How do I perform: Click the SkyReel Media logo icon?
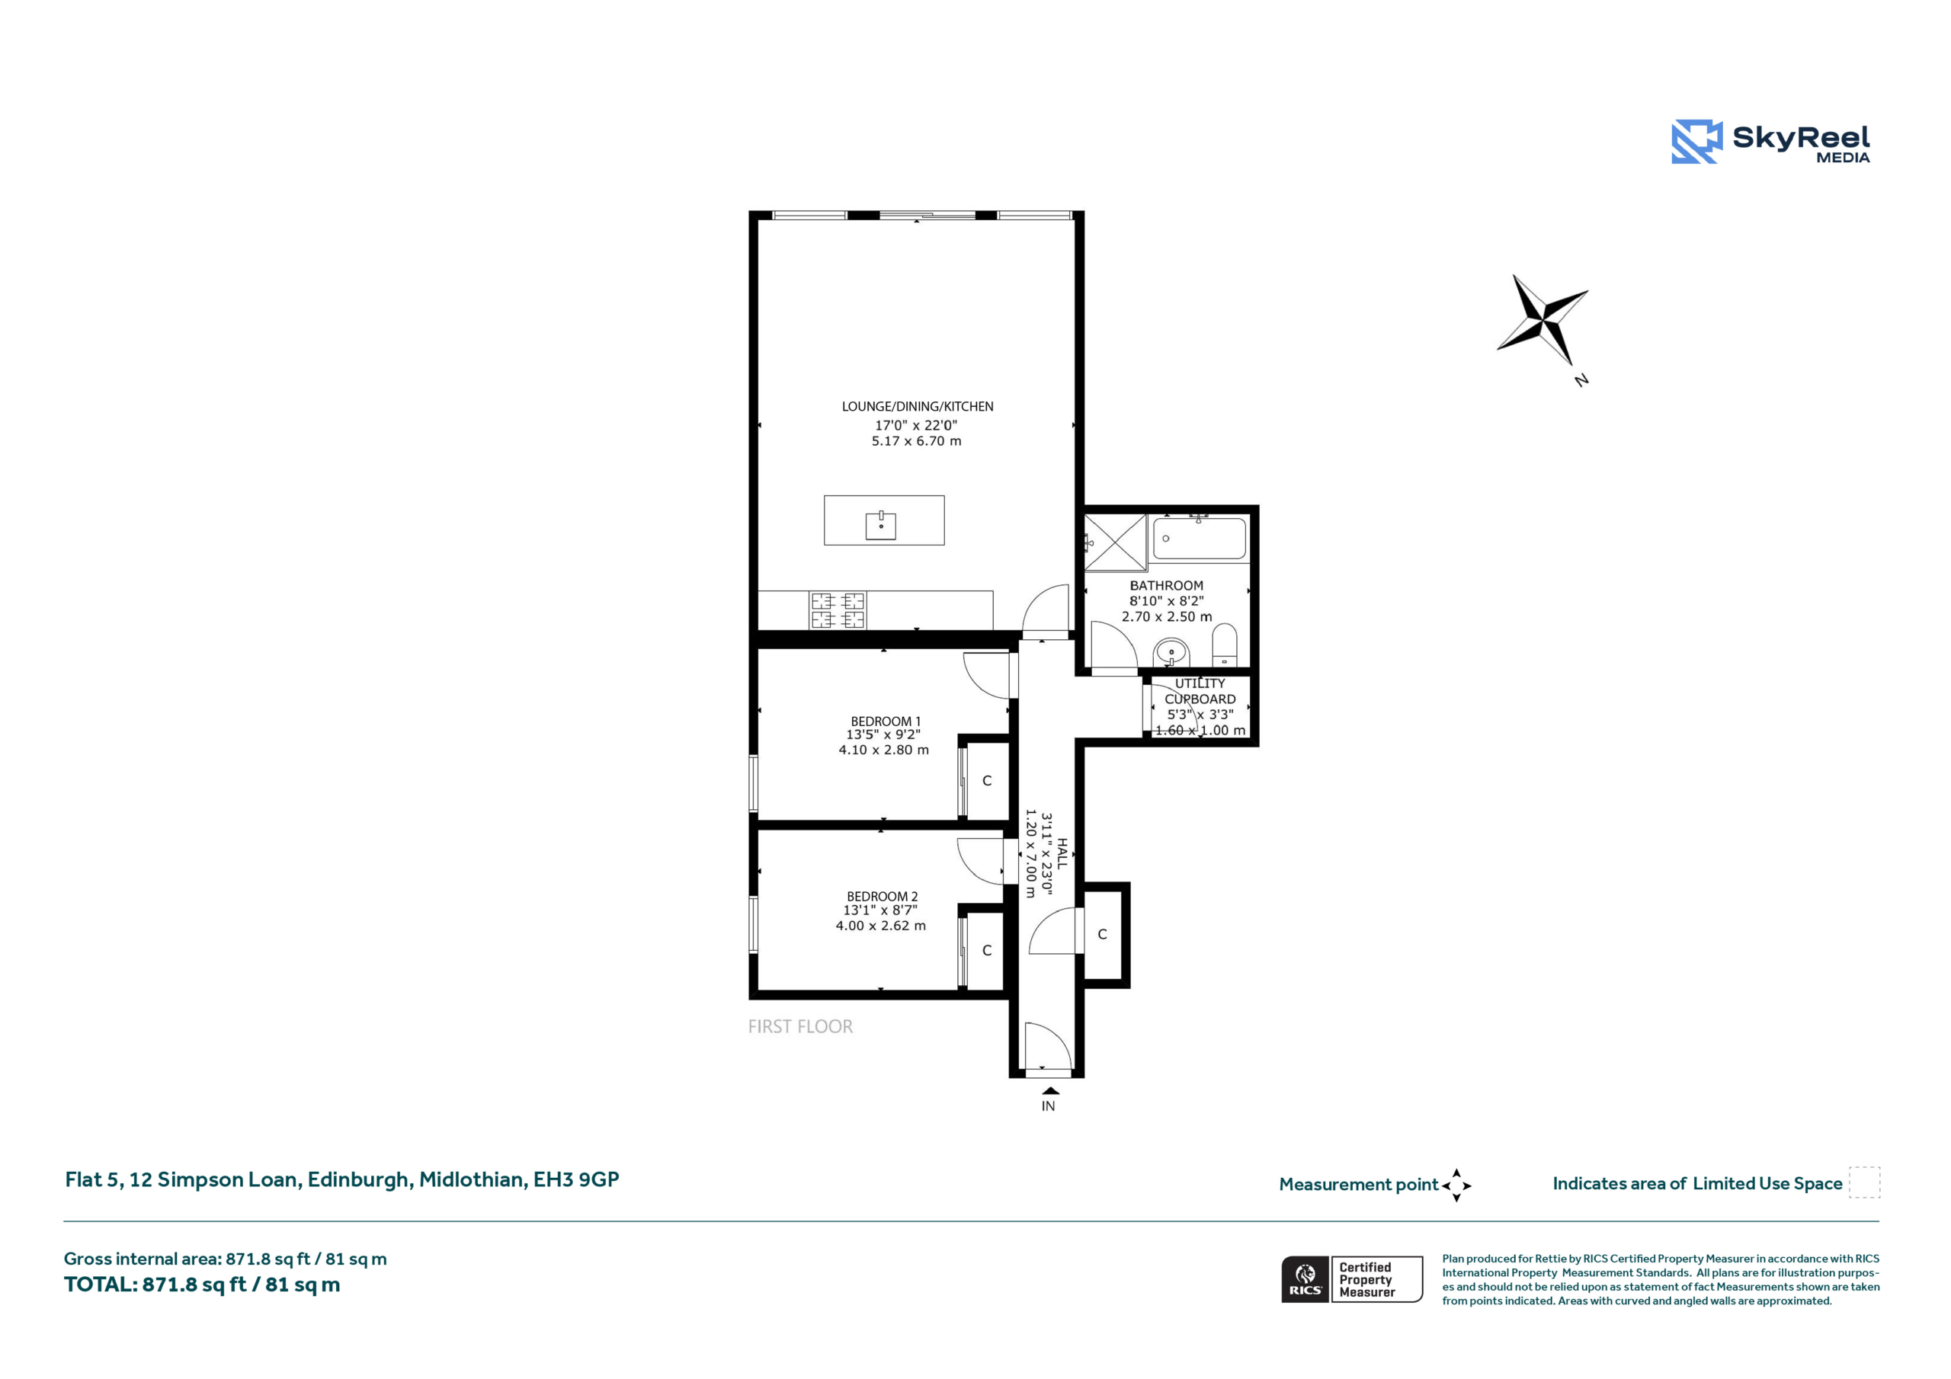click(x=1696, y=141)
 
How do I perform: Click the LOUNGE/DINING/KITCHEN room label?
click(x=917, y=406)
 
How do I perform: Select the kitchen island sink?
click(x=881, y=525)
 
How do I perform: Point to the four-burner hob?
click(x=838, y=610)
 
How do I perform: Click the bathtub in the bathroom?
click(x=1199, y=539)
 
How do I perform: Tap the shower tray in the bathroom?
click(x=1116, y=542)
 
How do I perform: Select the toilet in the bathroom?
click(x=1224, y=646)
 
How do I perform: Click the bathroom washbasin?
click(x=1171, y=652)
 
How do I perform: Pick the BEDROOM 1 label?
click(x=886, y=721)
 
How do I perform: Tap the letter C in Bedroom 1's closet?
click(x=986, y=780)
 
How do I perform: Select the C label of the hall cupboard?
click(x=1102, y=934)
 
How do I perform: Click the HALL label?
click(x=1062, y=853)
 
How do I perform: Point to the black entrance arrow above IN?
click(x=1050, y=1091)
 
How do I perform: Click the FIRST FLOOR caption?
click(x=800, y=1026)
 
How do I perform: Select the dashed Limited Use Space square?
click(x=1864, y=1182)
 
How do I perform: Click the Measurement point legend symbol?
click(x=1456, y=1185)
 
